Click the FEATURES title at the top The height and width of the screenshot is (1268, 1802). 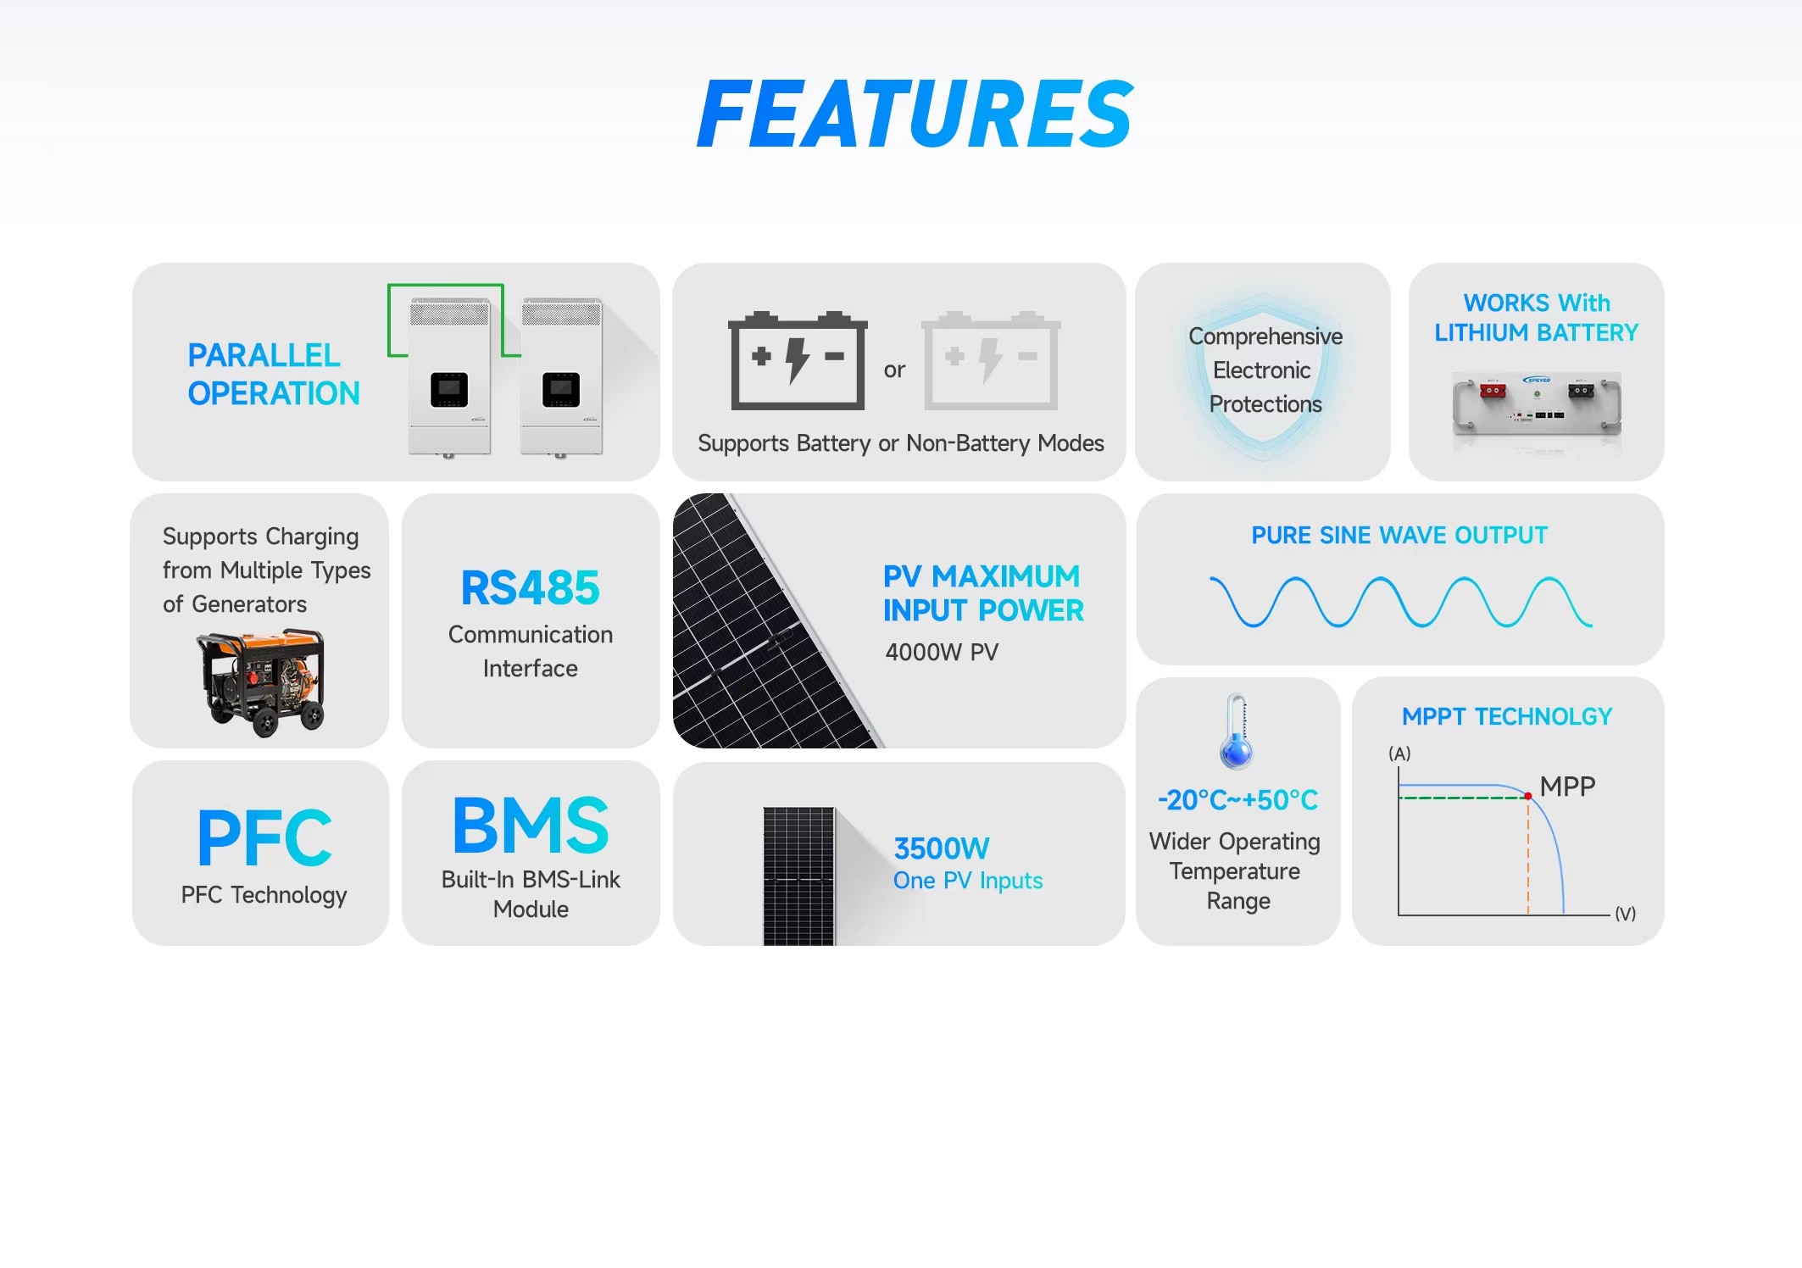(x=915, y=114)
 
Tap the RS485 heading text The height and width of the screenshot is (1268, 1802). (x=530, y=588)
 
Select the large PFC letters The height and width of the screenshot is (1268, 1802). (x=264, y=837)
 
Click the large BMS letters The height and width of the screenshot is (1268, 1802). (x=531, y=825)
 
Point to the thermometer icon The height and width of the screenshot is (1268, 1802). (x=1237, y=732)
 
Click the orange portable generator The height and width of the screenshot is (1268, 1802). (x=262, y=682)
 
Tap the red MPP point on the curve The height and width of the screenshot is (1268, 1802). (x=1527, y=796)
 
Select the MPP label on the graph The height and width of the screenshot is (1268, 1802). (x=1567, y=787)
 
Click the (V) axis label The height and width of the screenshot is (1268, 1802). (x=1625, y=914)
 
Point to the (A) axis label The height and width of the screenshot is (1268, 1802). (x=1399, y=754)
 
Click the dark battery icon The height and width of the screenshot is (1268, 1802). (x=798, y=360)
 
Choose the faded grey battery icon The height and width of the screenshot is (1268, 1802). (x=991, y=360)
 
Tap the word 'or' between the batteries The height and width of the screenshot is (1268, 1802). (x=894, y=370)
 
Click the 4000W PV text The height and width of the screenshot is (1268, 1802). (x=942, y=652)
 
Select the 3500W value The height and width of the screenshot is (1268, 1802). (x=942, y=848)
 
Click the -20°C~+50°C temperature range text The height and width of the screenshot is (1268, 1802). (x=1237, y=799)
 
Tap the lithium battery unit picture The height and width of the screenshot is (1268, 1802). (x=1537, y=404)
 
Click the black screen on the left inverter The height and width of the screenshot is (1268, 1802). (x=449, y=390)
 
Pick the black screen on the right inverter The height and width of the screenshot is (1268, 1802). (x=561, y=390)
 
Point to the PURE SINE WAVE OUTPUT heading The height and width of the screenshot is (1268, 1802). (x=1399, y=536)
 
